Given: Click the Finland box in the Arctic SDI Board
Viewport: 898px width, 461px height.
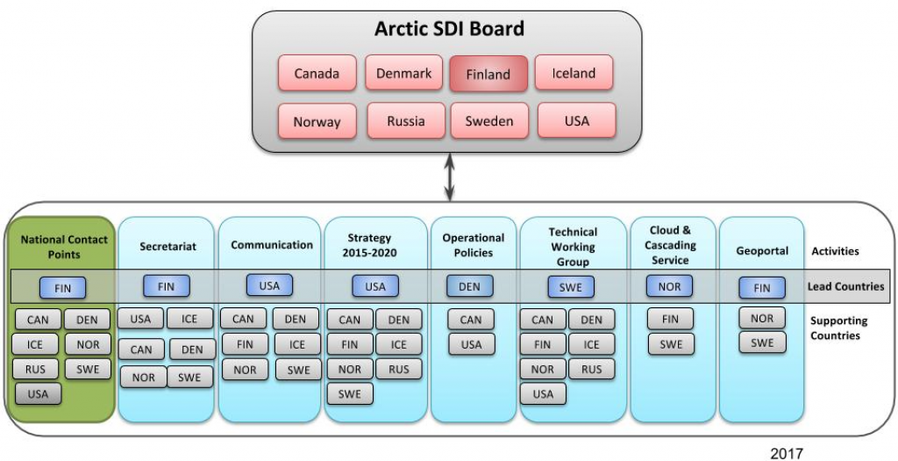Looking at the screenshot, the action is tap(488, 74).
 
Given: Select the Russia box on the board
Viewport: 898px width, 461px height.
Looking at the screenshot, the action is tap(406, 121).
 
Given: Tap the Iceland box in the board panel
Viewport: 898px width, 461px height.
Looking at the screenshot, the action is tap(574, 73).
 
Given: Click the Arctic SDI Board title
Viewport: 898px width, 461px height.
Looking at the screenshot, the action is tap(450, 29).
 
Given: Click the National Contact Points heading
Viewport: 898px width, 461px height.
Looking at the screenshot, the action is tap(64, 247).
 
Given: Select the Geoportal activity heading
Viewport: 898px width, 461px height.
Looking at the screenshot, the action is tap(762, 250).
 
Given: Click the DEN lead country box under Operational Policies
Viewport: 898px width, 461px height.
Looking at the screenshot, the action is tap(470, 286).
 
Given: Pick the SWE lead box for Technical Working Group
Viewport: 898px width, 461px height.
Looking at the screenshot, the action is tap(570, 287).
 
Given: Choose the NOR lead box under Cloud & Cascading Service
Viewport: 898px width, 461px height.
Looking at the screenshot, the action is tap(669, 285).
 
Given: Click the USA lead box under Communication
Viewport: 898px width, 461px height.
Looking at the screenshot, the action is tap(269, 285).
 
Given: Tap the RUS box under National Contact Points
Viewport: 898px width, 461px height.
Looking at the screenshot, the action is tap(35, 369).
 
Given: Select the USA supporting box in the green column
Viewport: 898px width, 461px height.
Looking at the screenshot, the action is tap(38, 394).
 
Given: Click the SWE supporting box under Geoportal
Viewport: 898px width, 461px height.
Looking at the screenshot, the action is tap(762, 342).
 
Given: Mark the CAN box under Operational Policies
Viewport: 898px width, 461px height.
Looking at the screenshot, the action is tap(471, 320).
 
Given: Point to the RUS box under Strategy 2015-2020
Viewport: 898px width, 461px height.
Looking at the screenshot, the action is tap(399, 370).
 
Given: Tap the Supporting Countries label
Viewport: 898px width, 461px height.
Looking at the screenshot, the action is tap(839, 328).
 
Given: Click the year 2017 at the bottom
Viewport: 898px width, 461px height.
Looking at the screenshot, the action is tap(787, 454).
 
